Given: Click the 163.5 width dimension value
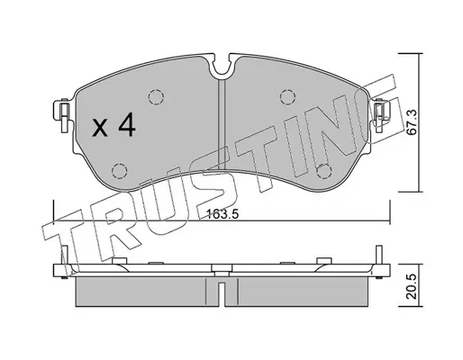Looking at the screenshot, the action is click(222, 214).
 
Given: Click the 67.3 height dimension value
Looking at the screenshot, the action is click(413, 122).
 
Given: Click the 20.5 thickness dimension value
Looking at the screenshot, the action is click(413, 286).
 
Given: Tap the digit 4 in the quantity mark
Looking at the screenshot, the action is click(127, 124).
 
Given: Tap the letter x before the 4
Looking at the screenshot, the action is click(100, 128).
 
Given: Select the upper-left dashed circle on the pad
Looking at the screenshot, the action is click(156, 97).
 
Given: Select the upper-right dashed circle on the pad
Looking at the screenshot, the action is click(287, 97).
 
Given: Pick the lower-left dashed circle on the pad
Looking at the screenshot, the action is click(119, 171).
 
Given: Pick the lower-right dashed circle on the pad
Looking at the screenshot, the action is click(324, 171).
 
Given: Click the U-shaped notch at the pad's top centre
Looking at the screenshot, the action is click(222, 68).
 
